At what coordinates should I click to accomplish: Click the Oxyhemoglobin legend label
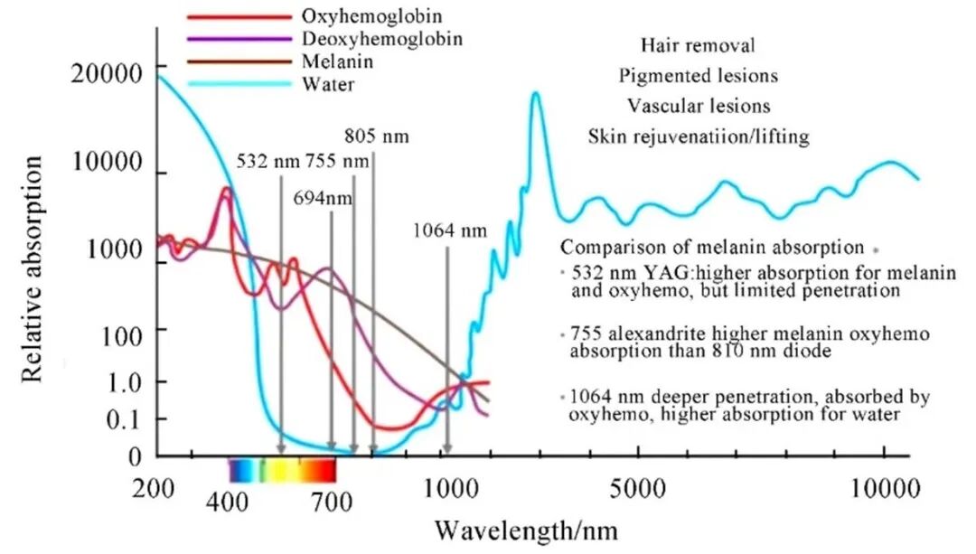(x=352, y=17)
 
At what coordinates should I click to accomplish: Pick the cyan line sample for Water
(x=234, y=84)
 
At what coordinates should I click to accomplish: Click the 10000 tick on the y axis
(x=106, y=164)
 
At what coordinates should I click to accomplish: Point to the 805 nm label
(x=377, y=137)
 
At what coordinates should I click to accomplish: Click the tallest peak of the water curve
(x=536, y=93)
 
